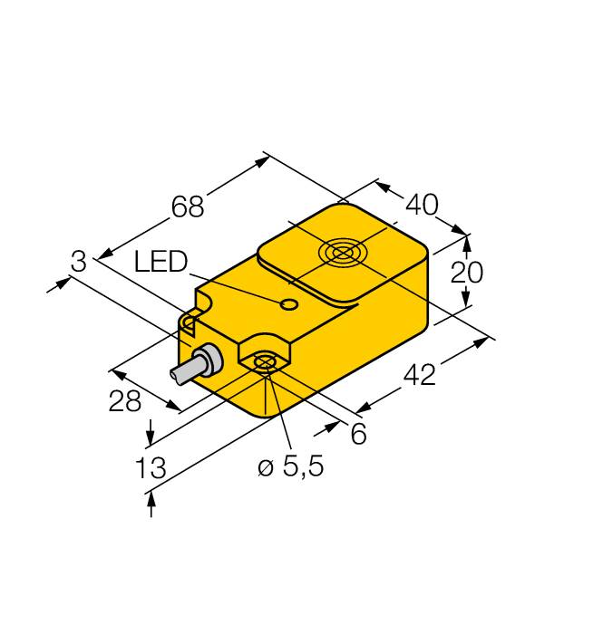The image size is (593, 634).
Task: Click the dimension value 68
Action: click(188, 207)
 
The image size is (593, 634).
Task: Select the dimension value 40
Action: click(422, 204)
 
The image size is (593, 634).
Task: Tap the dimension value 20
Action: click(467, 272)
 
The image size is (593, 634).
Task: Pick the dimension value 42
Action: click(420, 374)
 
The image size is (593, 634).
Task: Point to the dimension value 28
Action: click(124, 401)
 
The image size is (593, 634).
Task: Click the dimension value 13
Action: click(151, 468)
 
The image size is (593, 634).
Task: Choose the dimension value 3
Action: click(79, 261)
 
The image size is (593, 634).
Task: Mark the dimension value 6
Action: click(359, 434)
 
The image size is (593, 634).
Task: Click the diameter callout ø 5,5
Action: click(291, 466)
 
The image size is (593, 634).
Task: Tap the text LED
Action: click(160, 261)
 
